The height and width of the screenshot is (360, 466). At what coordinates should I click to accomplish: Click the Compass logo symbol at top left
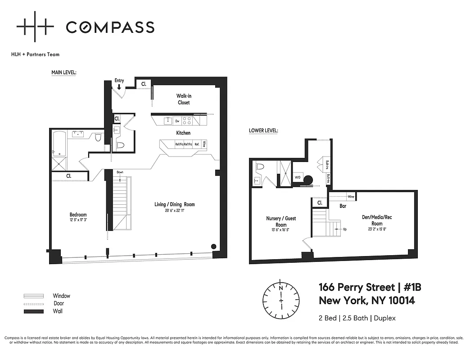coord(35,27)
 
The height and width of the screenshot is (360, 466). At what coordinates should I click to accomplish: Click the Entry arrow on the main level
coord(119,87)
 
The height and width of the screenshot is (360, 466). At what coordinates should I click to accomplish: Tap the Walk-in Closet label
coord(183,99)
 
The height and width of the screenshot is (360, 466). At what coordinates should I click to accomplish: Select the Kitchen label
coord(183,133)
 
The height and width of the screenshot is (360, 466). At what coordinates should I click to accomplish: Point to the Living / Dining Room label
coord(175,204)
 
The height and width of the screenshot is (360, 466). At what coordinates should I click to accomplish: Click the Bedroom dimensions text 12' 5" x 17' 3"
coord(78,220)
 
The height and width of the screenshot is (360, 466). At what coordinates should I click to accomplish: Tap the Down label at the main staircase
coord(120,172)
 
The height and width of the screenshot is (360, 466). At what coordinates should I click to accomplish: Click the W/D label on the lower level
coord(298,177)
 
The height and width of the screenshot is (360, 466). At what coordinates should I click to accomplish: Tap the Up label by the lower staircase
coord(345,229)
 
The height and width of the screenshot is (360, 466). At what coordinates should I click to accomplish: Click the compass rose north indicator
coord(281,287)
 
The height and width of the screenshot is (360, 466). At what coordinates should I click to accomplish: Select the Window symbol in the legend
coord(34,296)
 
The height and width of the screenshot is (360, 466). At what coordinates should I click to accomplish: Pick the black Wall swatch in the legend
coord(34,311)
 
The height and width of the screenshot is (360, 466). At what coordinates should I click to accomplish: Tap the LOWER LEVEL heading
coord(263,131)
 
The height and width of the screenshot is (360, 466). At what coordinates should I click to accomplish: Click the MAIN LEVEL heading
coord(63,72)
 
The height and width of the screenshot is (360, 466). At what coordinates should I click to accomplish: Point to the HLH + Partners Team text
coord(35,54)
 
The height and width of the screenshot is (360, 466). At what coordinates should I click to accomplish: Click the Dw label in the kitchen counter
coord(177,121)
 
